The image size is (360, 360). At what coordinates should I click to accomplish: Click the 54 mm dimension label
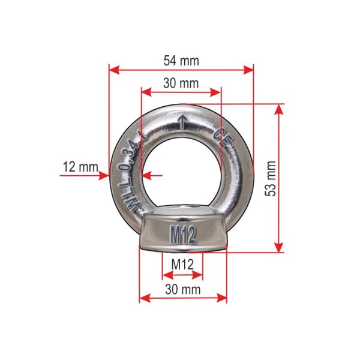click(181, 61)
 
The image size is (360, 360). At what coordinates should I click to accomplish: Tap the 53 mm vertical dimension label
click(270, 178)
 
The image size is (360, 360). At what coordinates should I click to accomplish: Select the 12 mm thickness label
click(80, 167)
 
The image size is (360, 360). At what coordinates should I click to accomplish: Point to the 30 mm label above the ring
click(181, 83)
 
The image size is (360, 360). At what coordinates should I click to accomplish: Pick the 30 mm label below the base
click(183, 289)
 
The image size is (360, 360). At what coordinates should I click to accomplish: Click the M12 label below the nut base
click(183, 264)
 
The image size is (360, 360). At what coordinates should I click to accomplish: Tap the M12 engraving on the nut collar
click(183, 234)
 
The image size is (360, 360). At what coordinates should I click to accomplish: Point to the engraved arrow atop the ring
click(182, 122)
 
